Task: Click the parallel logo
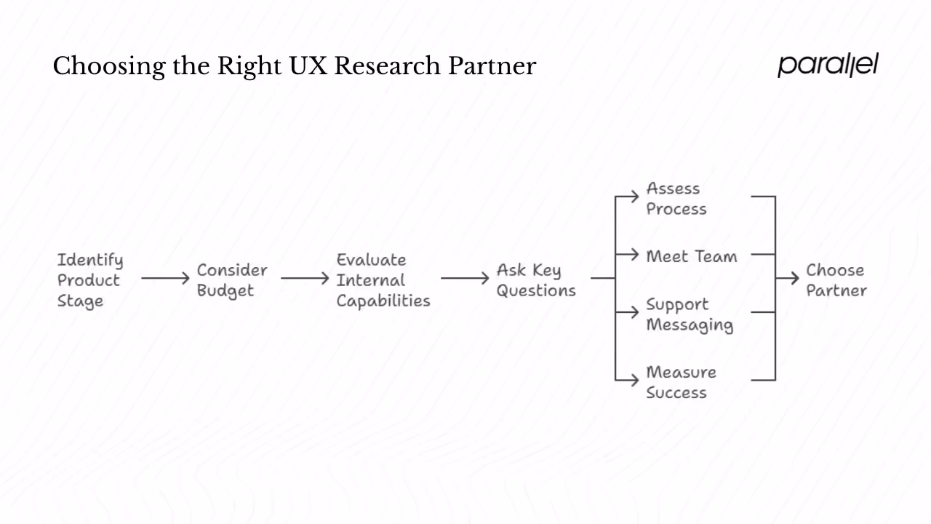click(828, 65)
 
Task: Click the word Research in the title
click(387, 66)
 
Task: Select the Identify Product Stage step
click(90, 280)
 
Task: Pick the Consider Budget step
click(232, 280)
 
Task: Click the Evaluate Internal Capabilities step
click(383, 280)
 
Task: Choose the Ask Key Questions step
click(535, 280)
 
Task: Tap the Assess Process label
click(676, 199)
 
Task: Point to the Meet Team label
click(691, 256)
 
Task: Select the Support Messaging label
click(689, 314)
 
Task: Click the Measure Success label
click(680, 382)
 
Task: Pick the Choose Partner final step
click(836, 280)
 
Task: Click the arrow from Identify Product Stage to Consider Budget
click(166, 278)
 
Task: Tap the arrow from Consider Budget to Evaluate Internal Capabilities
click(305, 278)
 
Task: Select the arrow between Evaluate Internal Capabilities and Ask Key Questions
click(465, 278)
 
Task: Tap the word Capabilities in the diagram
click(383, 301)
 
